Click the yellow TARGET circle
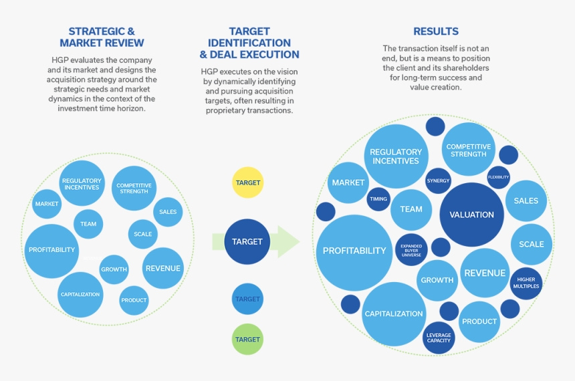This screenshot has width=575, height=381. coord(247,182)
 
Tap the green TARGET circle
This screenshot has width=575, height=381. coord(247,339)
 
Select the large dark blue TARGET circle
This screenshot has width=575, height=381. coord(247,241)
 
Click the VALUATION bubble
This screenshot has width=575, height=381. coord(471,215)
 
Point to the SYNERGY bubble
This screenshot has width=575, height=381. coord(438,180)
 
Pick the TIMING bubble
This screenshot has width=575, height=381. coord(378,199)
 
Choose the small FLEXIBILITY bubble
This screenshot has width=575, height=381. coord(498,177)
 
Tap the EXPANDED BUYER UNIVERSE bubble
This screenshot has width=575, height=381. coord(411,250)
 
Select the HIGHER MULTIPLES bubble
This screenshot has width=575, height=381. coord(526,283)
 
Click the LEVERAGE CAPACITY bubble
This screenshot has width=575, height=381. coord(439,338)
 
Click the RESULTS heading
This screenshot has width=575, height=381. coord(436,31)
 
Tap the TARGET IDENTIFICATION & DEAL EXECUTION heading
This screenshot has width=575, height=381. coord(249,43)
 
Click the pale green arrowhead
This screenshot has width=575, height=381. coord(288,241)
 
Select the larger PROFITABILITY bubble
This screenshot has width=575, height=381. coord(354,251)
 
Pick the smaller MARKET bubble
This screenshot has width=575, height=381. coord(47,204)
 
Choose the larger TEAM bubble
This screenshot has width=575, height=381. coord(411,209)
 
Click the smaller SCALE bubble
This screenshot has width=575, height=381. coord(142,234)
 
